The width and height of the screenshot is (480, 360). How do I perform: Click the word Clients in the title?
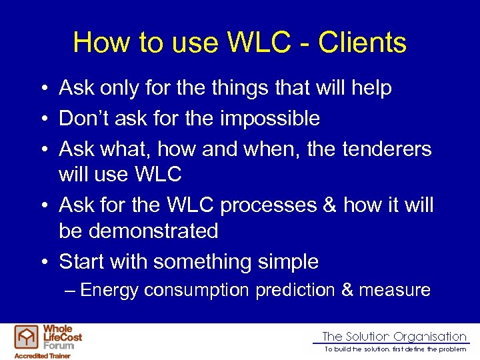pos(362,43)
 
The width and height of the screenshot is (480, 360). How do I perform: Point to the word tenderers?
pos(387,150)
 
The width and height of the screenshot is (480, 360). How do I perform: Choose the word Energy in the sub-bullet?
pos(109,290)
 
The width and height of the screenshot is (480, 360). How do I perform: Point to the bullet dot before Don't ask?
pos(43,119)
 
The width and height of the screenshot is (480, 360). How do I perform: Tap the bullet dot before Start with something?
pos(43,263)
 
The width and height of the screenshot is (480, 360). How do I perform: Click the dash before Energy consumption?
pos(71,291)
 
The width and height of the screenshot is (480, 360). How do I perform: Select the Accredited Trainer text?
pos(43,355)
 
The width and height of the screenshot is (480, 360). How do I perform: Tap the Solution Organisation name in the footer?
pos(394,337)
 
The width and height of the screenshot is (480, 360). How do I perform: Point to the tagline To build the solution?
pos(395,349)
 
